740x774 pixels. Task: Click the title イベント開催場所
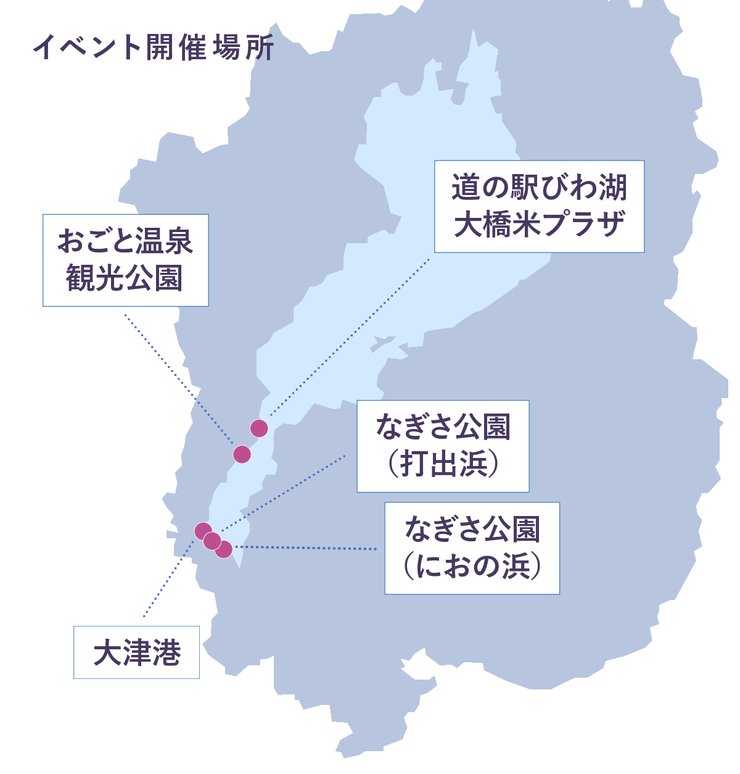coord(154,48)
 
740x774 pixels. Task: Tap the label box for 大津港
coord(136,652)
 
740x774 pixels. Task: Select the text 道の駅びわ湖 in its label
coord(539,188)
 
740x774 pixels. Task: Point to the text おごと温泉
coord(125,241)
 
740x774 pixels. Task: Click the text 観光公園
coord(125,278)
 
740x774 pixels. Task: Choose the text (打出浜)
coord(443,464)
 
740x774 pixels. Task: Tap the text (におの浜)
coord(472,566)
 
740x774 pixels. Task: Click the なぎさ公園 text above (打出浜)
coord(443,427)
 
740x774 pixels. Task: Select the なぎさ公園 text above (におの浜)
coord(472,529)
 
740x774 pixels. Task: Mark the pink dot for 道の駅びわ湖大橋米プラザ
coord(259,428)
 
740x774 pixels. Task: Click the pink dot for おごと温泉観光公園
coord(242,454)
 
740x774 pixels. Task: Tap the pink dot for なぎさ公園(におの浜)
coord(224,549)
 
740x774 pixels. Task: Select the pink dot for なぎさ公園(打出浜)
coord(212,541)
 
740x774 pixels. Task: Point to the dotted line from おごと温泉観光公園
coord(179,380)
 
